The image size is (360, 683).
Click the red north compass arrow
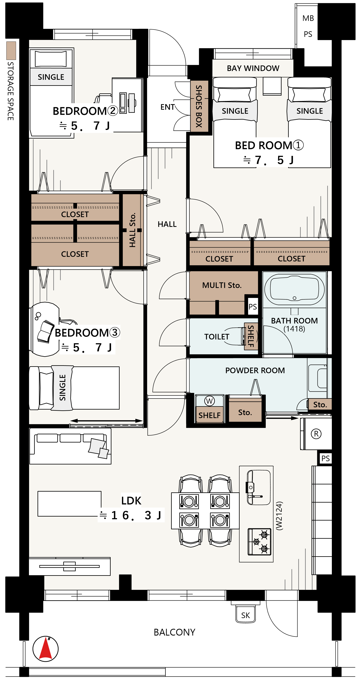[46, 649]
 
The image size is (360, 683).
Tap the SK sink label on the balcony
[245, 615]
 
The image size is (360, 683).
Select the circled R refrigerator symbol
[316, 434]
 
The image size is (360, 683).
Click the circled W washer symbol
[209, 401]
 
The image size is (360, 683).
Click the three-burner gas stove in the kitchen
[259, 542]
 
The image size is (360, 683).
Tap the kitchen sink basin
[258, 488]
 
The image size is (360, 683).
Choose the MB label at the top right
[308, 18]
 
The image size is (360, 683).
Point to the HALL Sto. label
[132, 230]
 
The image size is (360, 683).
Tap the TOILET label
[216, 337]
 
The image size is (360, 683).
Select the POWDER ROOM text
[255, 370]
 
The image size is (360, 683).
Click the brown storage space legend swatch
[11, 50]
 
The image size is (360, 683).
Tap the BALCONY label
[174, 632]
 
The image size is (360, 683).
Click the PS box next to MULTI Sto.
[253, 307]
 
